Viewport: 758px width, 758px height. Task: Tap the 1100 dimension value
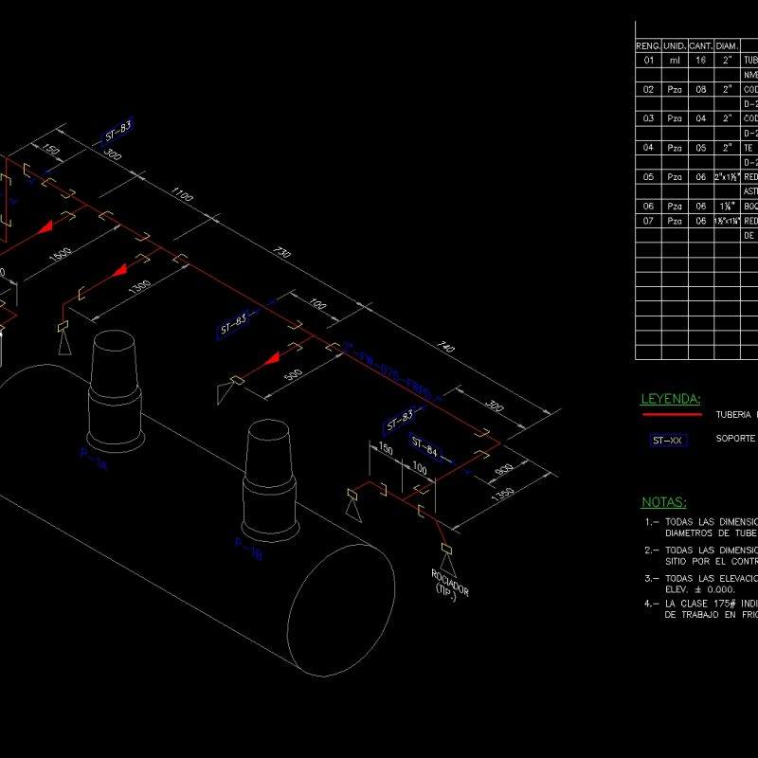click(x=182, y=195)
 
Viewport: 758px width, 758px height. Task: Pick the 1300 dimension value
click(x=139, y=286)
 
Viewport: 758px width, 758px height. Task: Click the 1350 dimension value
click(x=502, y=494)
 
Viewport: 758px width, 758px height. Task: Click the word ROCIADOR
click(x=449, y=579)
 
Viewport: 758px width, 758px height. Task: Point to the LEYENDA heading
click(x=671, y=399)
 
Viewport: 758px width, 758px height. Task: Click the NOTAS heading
click(x=664, y=501)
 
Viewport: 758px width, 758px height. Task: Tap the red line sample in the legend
click(x=671, y=414)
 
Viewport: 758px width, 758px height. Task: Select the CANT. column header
click(x=701, y=45)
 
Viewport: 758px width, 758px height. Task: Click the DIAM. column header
click(x=728, y=45)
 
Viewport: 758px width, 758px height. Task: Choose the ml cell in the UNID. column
click(x=675, y=60)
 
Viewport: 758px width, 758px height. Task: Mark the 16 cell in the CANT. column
click(x=701, y=60)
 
